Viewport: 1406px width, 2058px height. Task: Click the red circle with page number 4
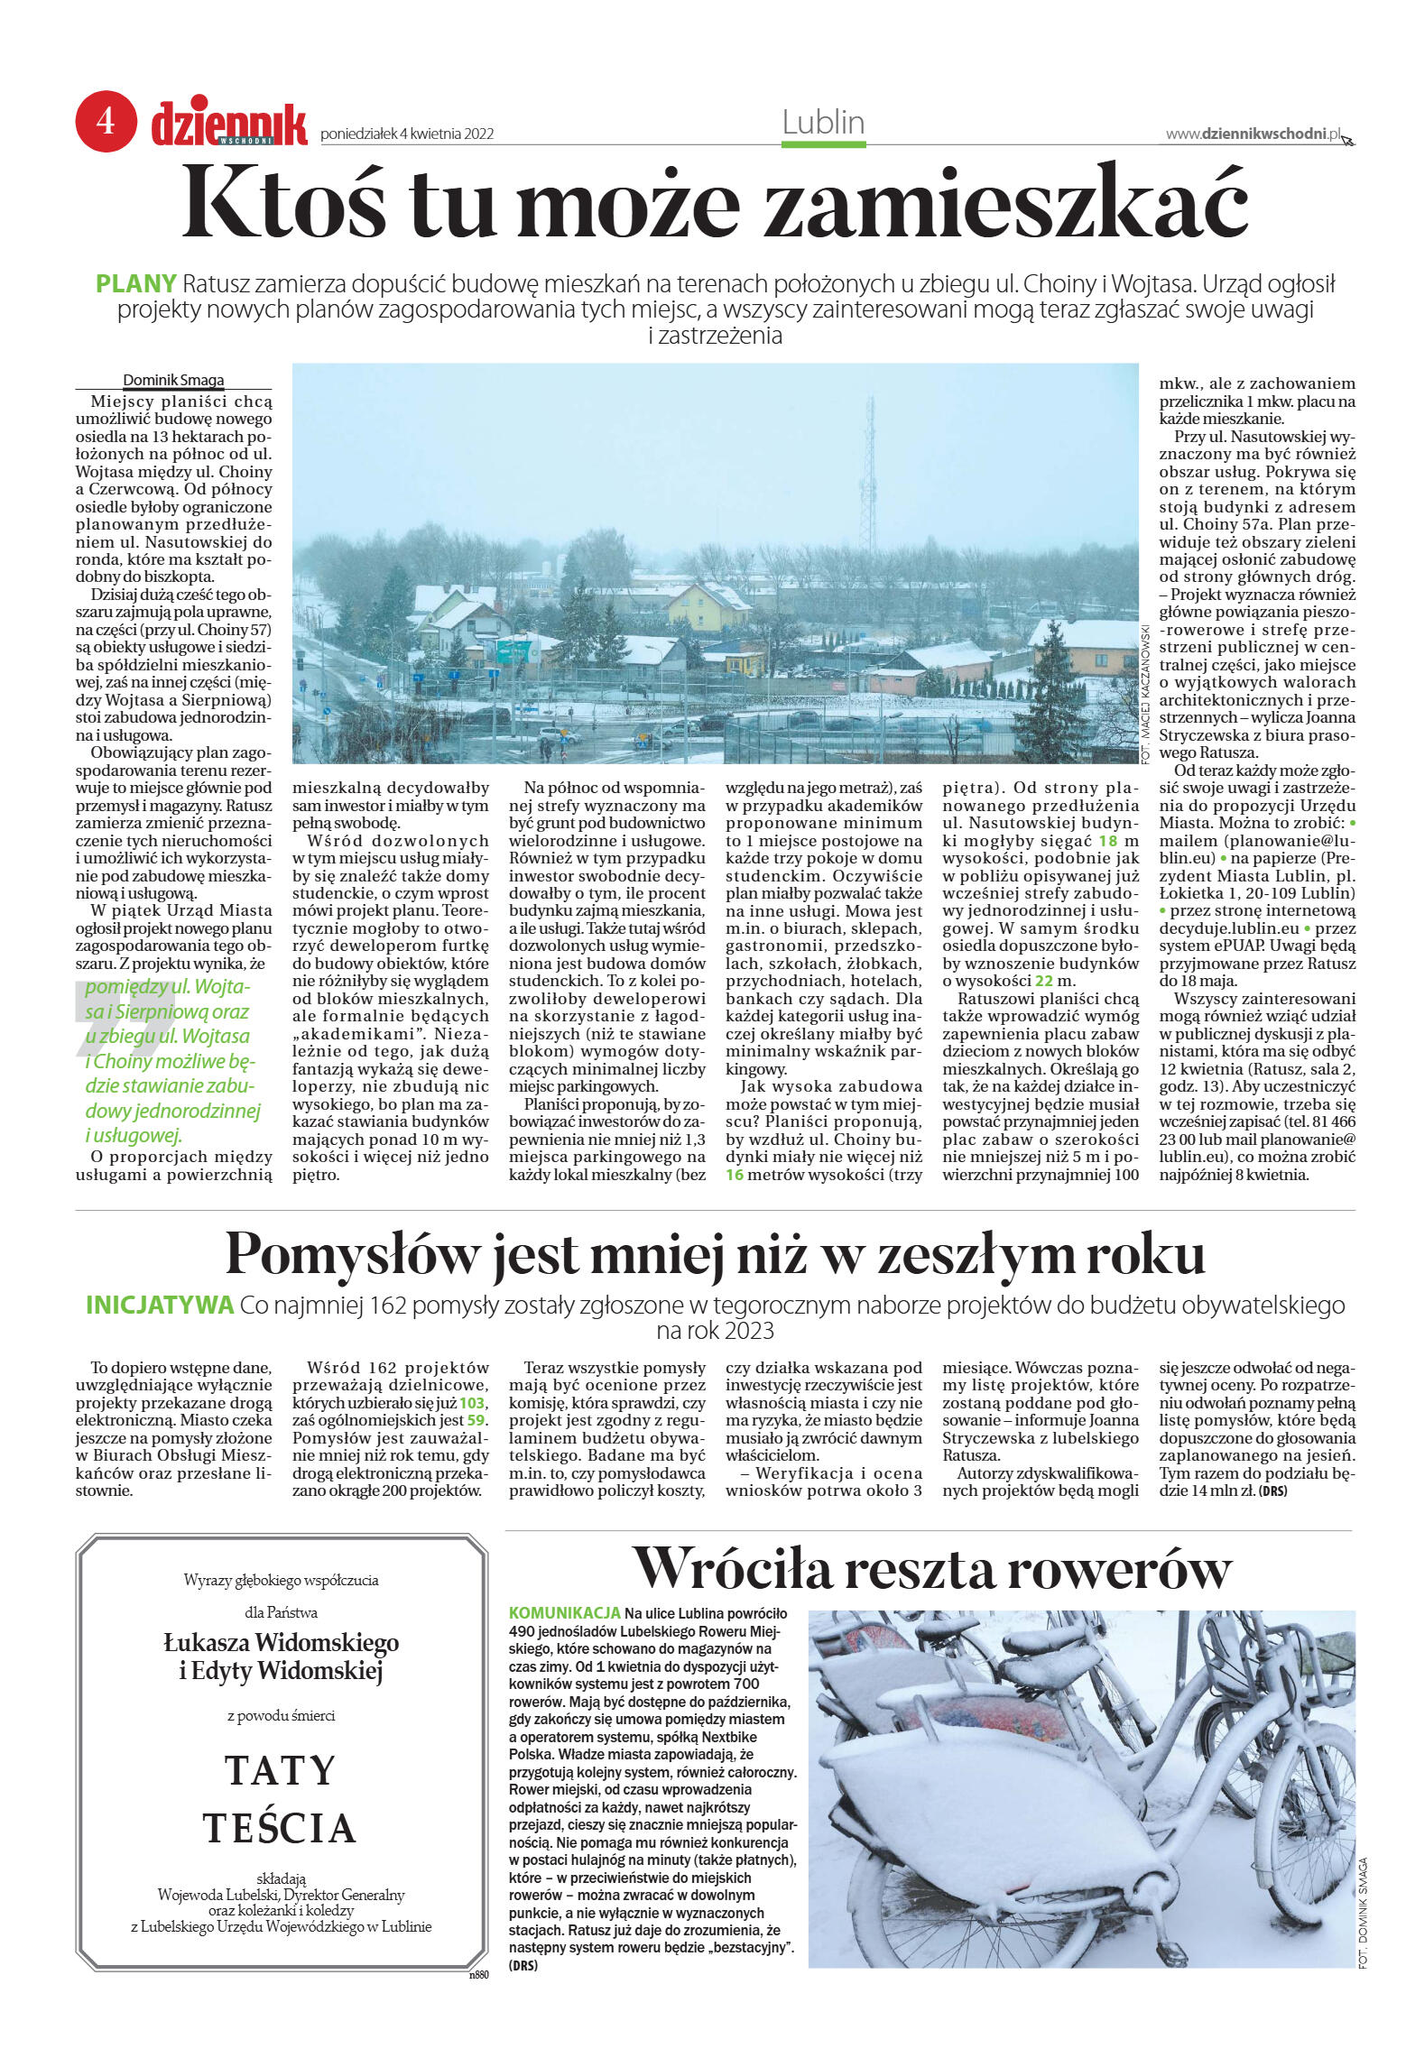pos(106,121)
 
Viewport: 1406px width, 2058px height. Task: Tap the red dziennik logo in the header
pos(229,125)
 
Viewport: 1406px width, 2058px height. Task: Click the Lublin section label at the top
pos(823,123)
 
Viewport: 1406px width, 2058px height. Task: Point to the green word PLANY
pos(135,283)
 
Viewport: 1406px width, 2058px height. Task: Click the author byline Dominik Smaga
pos(173,380)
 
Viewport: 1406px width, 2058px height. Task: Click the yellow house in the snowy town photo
pos(708,605)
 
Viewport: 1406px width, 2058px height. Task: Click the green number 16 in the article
pos(735,1175)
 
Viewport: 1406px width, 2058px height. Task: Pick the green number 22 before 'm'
pos(1043,981)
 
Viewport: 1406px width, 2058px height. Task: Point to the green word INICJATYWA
pos(160,1305)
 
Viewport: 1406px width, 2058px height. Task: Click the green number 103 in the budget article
pos(471,1403)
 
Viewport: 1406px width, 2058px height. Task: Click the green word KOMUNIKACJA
pos(565,1612)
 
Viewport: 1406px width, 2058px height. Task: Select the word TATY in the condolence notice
pos(281,1770)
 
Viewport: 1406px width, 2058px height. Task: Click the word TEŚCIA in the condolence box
pos(281,1829)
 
